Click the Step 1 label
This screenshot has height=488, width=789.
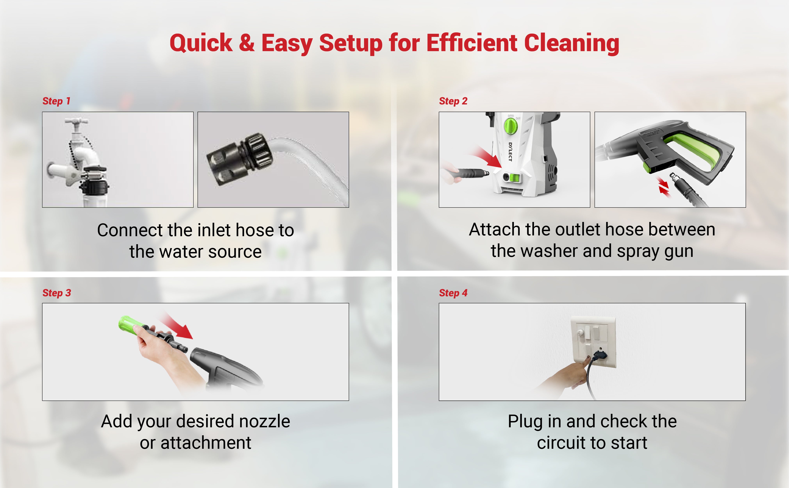coord(56,101)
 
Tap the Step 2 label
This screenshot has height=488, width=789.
coord(453,101)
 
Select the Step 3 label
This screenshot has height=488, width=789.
coord(56,293)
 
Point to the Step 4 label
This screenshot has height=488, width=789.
coord(453,293)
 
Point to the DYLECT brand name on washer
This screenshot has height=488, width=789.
coord(510,152)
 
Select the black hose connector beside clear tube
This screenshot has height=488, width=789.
coord(240,159)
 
